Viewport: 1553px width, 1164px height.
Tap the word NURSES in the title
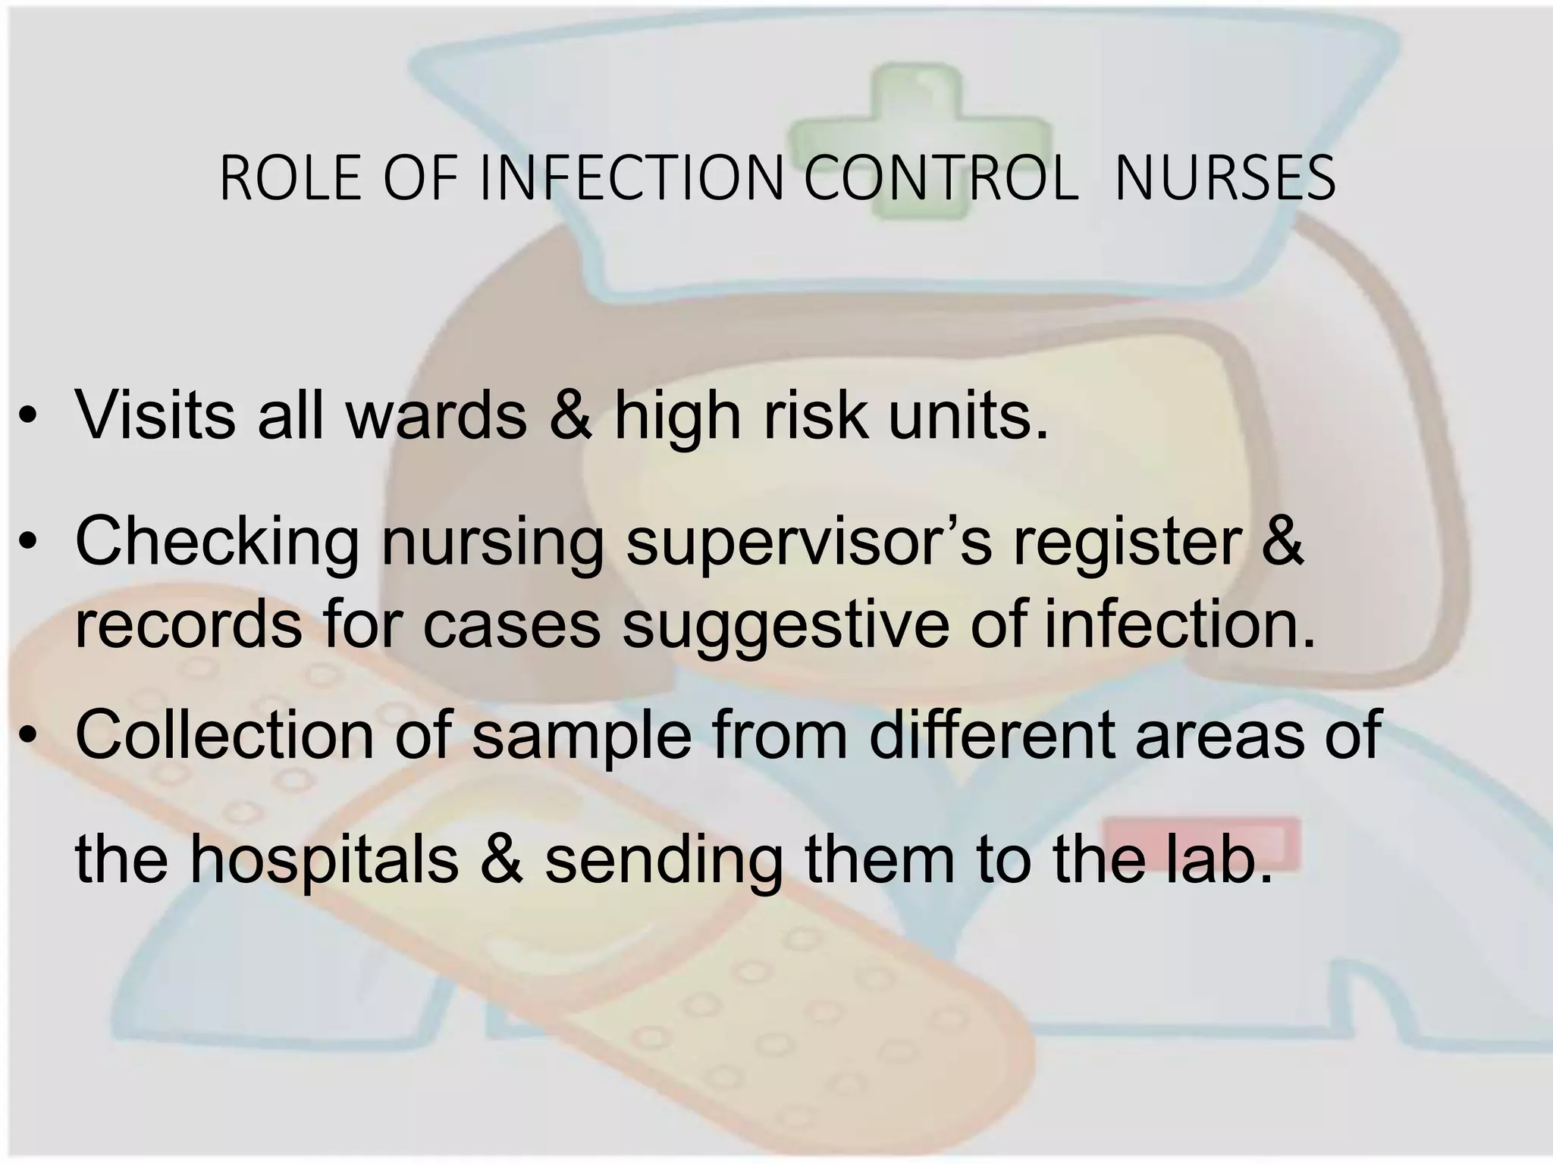[x=1225, y=178]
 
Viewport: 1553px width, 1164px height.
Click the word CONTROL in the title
[x=940, y=178]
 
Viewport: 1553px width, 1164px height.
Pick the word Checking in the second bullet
[x=217, y=540]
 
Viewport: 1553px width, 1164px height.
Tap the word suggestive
[x=786, y=625]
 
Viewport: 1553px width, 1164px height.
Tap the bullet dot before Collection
[x=29, y=736]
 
